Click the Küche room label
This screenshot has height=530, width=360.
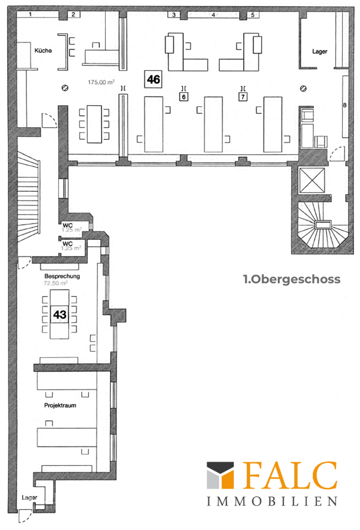[x=43, y=50]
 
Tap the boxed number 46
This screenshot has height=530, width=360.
[x=153, y=79]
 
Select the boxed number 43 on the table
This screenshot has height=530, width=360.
[x=60, y=314]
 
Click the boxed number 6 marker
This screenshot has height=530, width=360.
[x=183, y=97]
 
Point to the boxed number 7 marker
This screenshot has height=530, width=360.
[x=243, y=97]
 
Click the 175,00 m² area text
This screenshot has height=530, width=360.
[x=101, y=82]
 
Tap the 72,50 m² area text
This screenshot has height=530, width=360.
[x=56, y=283]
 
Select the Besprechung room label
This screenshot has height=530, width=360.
[x=62, y=276]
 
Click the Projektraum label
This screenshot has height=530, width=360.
[x=60, y=405]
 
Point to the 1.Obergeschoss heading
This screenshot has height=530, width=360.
[x=292, y=279]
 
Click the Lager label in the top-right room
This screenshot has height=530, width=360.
[x=320, y=52]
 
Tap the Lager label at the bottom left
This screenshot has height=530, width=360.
[x=29, y=497]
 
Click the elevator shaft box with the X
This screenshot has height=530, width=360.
[x=312, y=180]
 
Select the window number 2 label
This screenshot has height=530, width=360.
[x=74, y=14]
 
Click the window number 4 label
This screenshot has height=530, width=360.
[x=213, y=15]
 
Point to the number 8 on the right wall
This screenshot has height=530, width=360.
[x=345, y=105]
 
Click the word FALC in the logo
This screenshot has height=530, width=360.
[x=290, y=476]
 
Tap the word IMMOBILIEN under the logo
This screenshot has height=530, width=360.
[x=272, y=501]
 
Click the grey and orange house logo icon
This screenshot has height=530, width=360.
[x=220, y=476]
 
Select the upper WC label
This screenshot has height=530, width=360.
[x=68, y=225]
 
